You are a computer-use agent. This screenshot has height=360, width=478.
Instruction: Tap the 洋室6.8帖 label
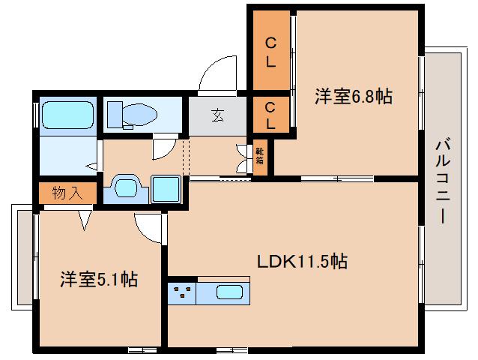pos(353,96)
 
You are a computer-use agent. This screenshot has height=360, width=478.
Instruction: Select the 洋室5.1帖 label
pos(98,279)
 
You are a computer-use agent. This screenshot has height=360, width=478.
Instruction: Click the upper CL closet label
pos(271,51)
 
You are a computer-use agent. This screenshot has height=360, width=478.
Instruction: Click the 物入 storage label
pos(67,193)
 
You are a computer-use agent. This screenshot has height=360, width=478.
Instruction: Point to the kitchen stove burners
pos(183,292)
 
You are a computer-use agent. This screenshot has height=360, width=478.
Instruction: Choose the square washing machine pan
pos(165,188)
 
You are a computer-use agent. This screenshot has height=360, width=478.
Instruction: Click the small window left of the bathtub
pos(35,114)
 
